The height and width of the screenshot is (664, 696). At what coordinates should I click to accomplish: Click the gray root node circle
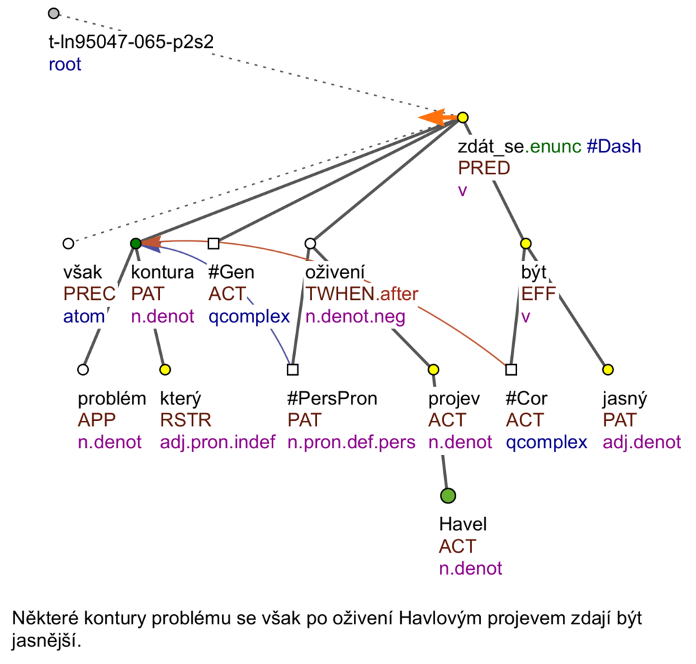(54, 14)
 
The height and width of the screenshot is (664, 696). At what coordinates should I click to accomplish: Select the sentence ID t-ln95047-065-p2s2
(131, 42)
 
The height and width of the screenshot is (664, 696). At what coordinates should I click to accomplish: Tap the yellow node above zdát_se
(462, 117)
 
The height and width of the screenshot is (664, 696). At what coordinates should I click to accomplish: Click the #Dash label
(614, 146)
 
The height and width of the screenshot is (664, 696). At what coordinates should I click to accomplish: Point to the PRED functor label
(484, 168)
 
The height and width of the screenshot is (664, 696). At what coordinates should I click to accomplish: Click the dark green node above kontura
(136, 243)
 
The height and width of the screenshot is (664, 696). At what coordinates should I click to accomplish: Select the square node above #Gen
(214, 243)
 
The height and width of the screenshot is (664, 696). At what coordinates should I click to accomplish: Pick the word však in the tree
(83, 272)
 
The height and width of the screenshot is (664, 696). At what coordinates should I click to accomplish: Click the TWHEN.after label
(362, 294)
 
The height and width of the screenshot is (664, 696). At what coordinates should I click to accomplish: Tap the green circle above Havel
(448, 495)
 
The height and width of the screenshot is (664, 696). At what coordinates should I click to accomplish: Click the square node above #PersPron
(292, 370)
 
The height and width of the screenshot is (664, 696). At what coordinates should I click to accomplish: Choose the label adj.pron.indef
(217, 442)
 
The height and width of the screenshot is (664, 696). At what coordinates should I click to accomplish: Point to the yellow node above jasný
(608, 370)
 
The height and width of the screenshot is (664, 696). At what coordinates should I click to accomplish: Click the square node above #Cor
(511, 370)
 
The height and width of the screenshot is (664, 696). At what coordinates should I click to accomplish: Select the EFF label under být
(538, 294)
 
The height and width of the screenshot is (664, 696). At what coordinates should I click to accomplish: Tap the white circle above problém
(83, 370)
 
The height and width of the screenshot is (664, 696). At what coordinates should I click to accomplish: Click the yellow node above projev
(433, 370)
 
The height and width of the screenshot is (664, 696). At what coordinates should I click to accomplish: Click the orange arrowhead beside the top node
(432, 117)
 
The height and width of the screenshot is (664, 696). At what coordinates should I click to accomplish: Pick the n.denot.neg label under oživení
(355, 316)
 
